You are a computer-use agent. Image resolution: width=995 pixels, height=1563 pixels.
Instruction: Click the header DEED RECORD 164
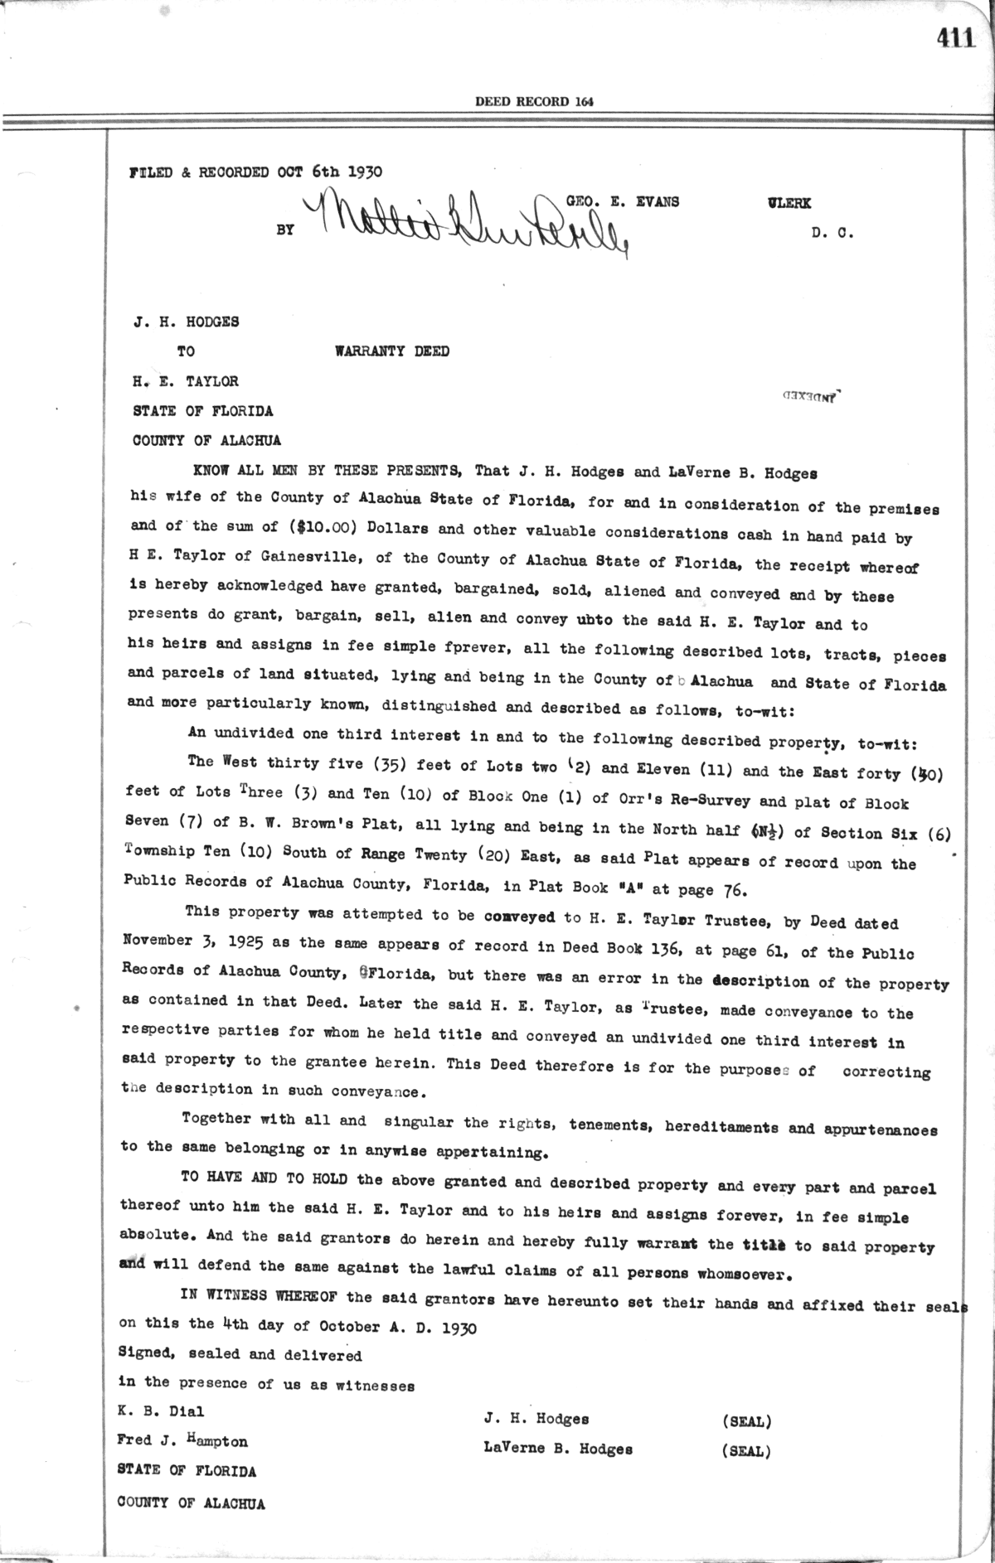(x=534, y=102)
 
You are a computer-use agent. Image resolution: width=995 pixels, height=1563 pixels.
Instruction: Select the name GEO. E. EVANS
(x=623, y=201)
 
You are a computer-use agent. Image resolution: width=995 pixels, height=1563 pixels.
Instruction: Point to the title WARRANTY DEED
(x=392, y=351)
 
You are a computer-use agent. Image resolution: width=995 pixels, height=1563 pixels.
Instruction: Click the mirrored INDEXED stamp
(x=813, y=396)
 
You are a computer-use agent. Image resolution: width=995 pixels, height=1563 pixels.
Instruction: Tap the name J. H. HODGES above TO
(x=186, y=322)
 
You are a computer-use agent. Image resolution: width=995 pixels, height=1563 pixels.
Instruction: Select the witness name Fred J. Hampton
(x=182, y=1441)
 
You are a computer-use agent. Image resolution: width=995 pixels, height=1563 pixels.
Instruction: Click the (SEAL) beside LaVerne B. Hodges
(x=746, y=1451)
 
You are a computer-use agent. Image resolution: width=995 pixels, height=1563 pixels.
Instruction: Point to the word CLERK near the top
(x=789, y=203)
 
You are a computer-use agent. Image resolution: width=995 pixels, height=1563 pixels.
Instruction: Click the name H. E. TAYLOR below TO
(x=186, y=381)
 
